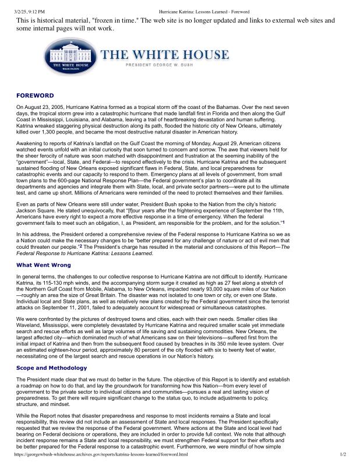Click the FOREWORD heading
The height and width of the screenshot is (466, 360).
point(35,95)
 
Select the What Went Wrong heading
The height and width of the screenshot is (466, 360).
point(44,264)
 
